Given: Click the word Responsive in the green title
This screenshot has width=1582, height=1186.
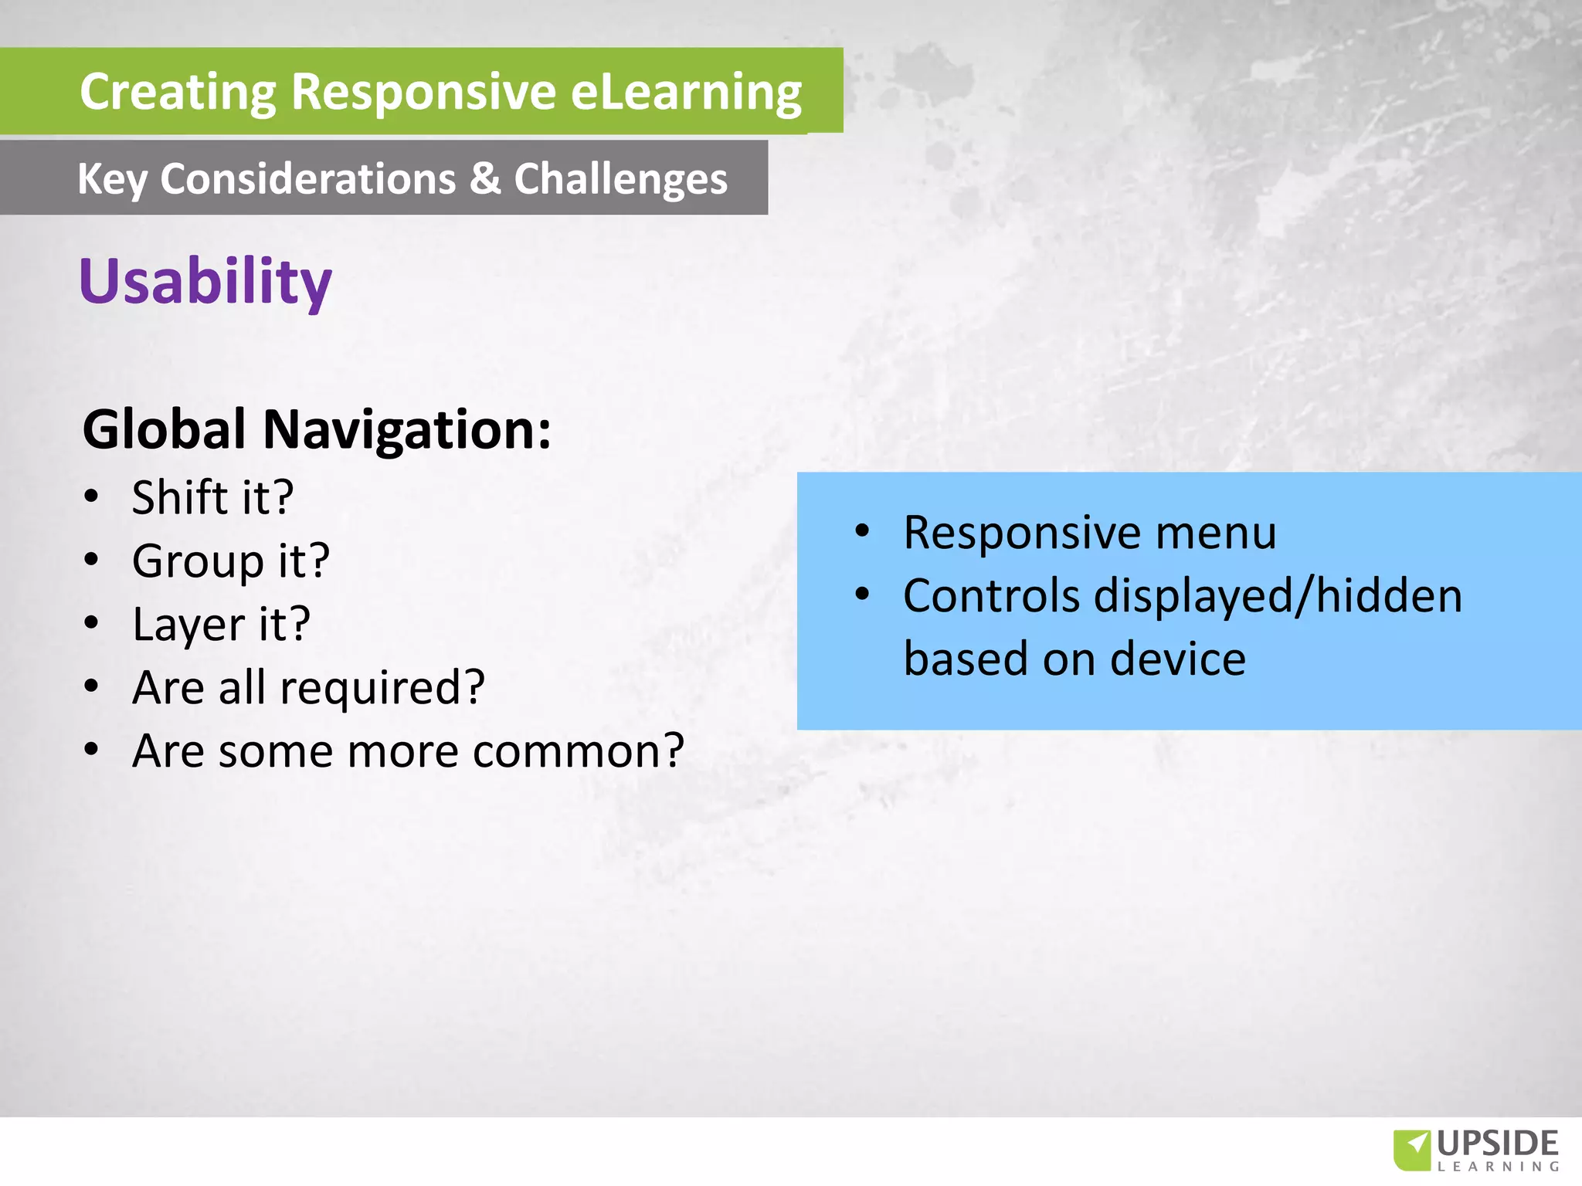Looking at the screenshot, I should point(423,93).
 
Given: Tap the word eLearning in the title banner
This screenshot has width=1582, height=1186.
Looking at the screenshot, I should point(686,93).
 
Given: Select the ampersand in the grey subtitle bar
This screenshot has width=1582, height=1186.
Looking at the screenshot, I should point(484,178).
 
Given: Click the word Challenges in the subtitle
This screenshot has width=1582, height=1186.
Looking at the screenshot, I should point(620,179).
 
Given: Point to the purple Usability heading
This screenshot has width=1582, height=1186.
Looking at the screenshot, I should point(205,281).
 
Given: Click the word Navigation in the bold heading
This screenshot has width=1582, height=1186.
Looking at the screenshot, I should point(407,429).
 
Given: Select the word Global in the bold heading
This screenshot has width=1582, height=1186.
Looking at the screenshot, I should point(165,429).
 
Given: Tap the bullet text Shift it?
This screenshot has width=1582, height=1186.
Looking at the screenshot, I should point(212,497).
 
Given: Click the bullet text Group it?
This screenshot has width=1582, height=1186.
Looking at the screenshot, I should point(230,561).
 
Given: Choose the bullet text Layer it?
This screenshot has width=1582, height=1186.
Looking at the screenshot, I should point(221,624).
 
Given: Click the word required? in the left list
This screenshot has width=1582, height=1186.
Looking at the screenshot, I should point(382,688).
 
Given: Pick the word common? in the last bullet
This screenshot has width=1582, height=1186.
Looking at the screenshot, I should point(579,751).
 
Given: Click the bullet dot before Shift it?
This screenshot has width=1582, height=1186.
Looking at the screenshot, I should point(92,496).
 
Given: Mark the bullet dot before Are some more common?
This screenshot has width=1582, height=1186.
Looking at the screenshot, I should point(92,750).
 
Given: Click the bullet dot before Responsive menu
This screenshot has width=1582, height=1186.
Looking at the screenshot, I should point(863,531).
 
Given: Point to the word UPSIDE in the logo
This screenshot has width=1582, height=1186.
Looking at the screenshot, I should point(1498,1144).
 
